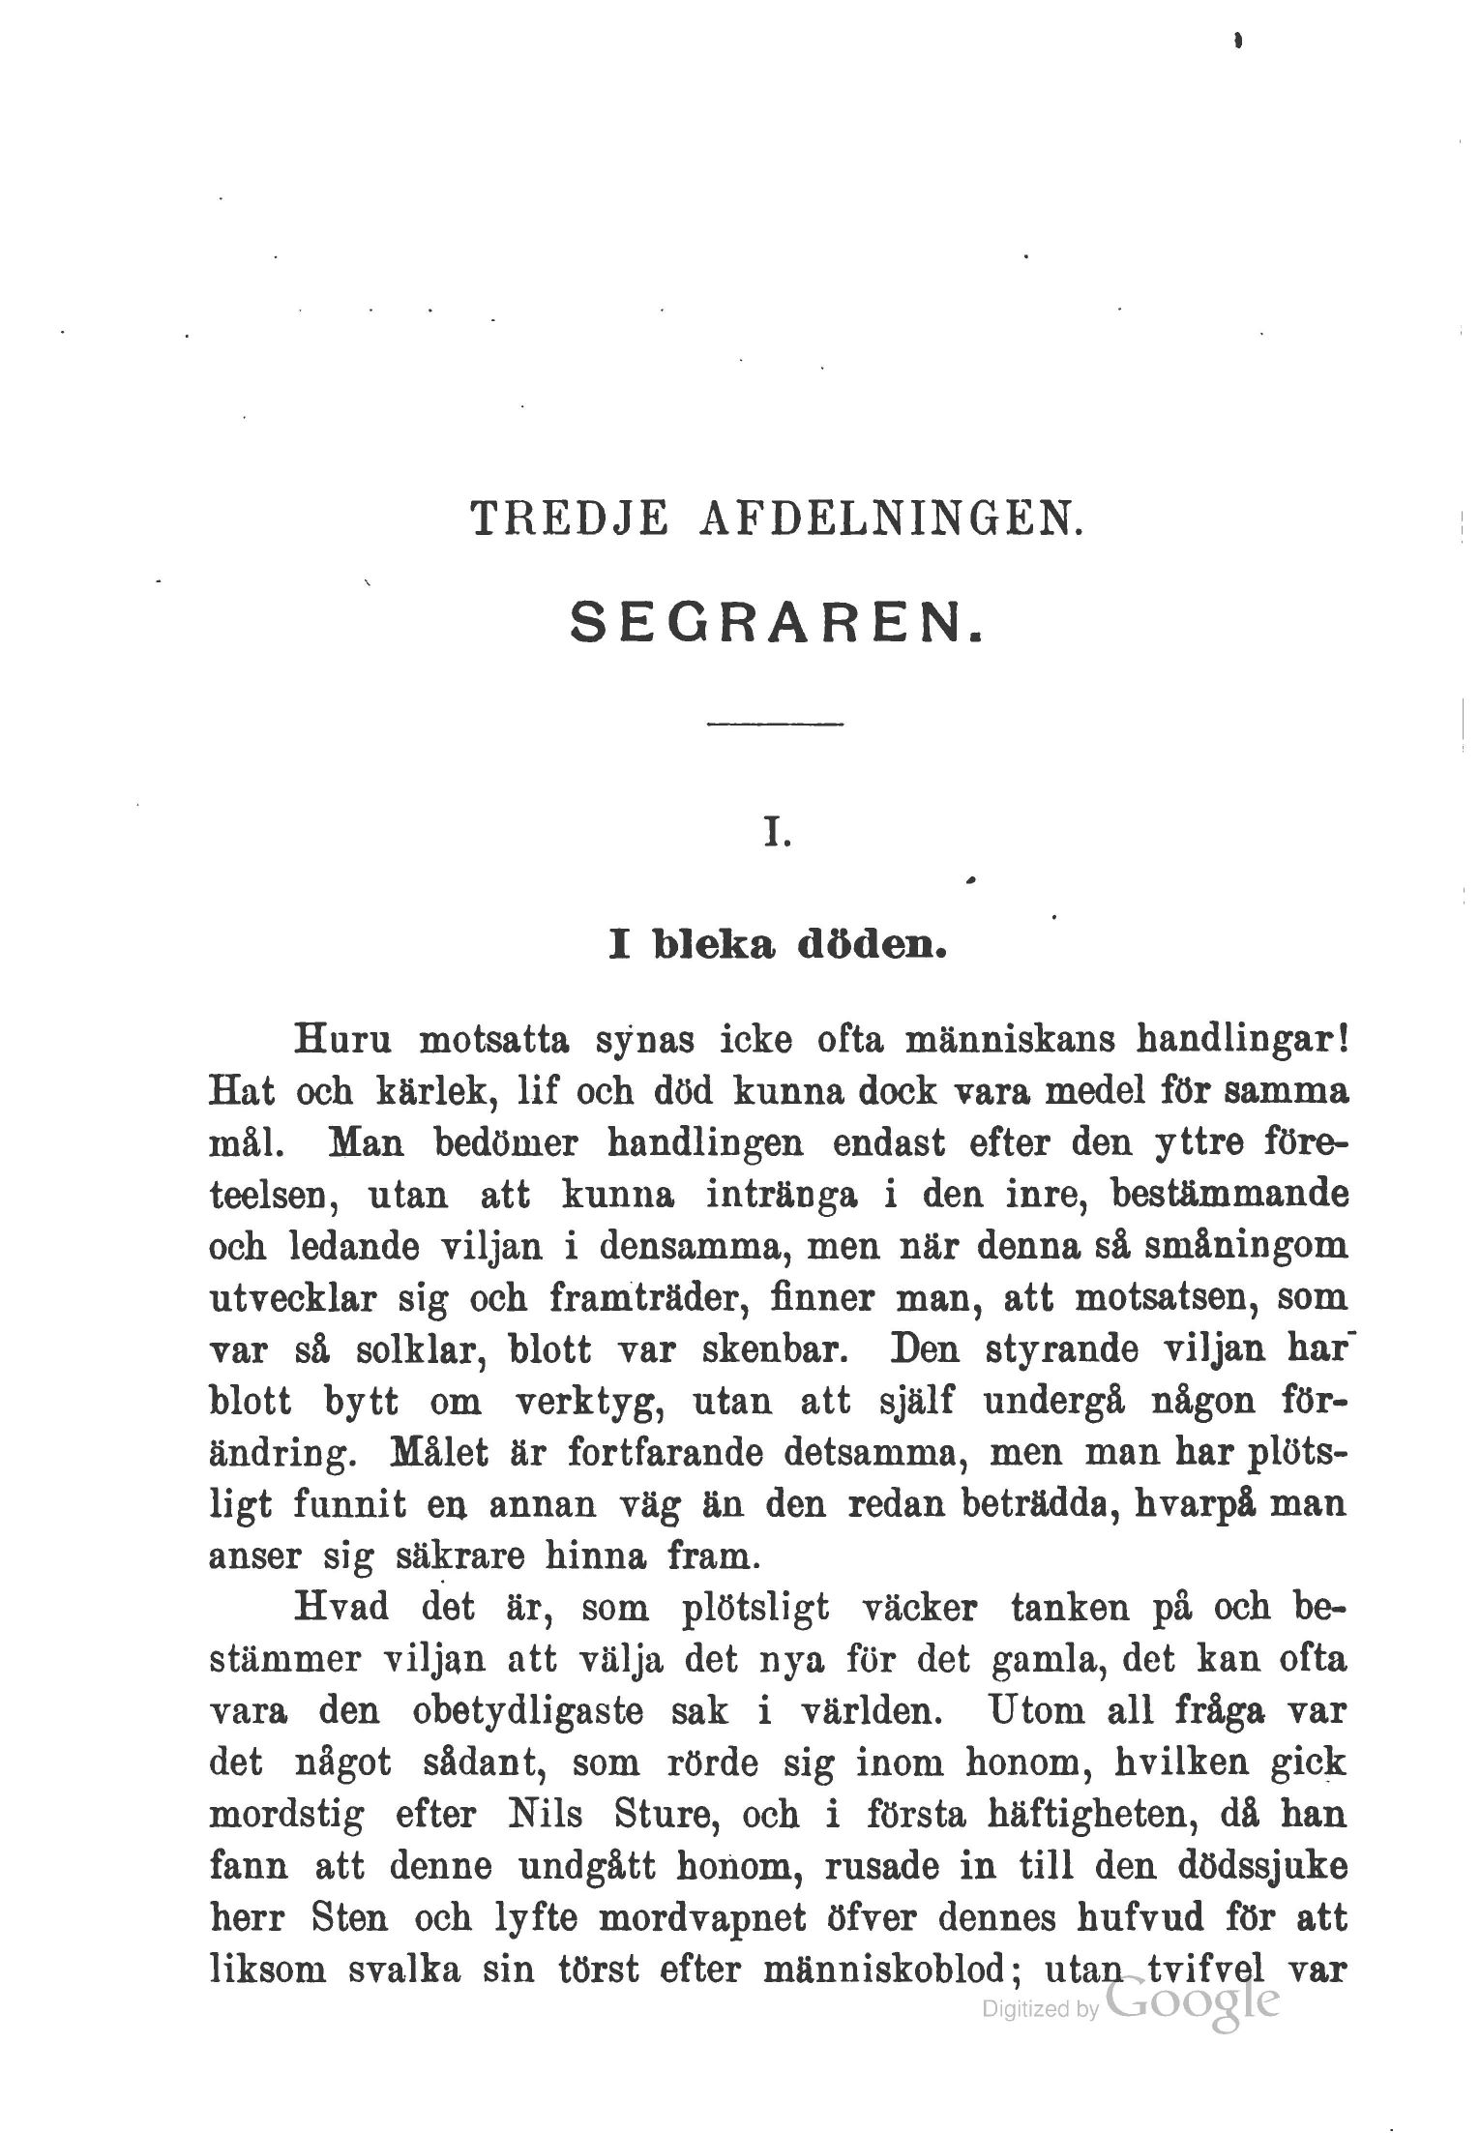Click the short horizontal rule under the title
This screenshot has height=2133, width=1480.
[x=775, y=724]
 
